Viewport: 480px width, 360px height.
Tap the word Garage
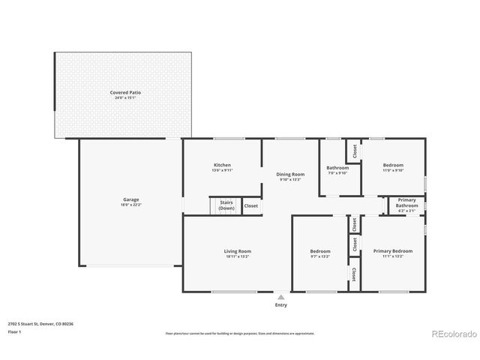[131, 200]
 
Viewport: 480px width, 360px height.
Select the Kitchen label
[222, 165]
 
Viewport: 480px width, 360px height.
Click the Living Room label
[237, 251]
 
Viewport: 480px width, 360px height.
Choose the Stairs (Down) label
[226, 205]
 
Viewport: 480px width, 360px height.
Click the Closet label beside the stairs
[251, 205]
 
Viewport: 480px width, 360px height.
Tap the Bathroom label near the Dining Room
[337, 168]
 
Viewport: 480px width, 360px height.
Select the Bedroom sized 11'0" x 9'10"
[393, 165]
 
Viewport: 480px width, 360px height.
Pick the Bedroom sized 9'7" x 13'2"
[320, 251]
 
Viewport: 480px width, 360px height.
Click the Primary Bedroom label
[393, 251]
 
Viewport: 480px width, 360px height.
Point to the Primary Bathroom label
[406, 202]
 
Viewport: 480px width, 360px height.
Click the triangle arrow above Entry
[281, 297]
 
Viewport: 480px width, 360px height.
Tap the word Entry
[281, 305]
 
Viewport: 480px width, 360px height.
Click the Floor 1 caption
[13, 331]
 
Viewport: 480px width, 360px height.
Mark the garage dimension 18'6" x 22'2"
[131, 205]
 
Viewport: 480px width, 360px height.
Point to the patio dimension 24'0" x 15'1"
[127, 97]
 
